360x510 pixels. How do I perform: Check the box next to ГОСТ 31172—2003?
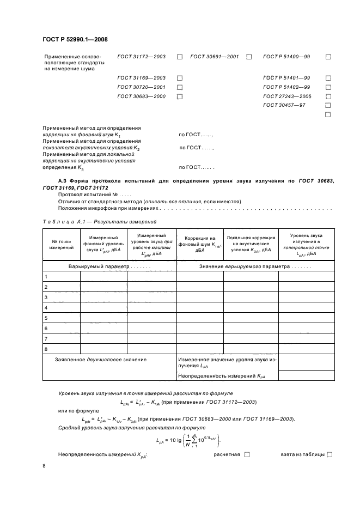tap(179, 57)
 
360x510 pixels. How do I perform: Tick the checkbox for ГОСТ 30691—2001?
tap(249, 57)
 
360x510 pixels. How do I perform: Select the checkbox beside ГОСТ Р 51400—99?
tap(328, 57)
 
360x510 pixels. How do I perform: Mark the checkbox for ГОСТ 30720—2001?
tap(179, 87)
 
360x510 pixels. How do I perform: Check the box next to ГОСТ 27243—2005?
tap(328, 96)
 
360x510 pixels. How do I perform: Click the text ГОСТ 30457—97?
tap(284, 105)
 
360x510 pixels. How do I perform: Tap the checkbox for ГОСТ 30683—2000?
tap(179, 96)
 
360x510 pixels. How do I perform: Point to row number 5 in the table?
tap(46, 318)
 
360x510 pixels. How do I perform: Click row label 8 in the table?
tap(46, 349)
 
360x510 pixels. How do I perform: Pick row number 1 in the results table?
tap(46, 277)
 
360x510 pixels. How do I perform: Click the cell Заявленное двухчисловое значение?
tap(101, 360)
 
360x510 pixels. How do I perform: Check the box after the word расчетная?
tap(247, 454)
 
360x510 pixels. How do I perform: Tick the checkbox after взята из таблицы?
tap(330, 454)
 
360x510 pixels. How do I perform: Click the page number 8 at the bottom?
tap(44, 466)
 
